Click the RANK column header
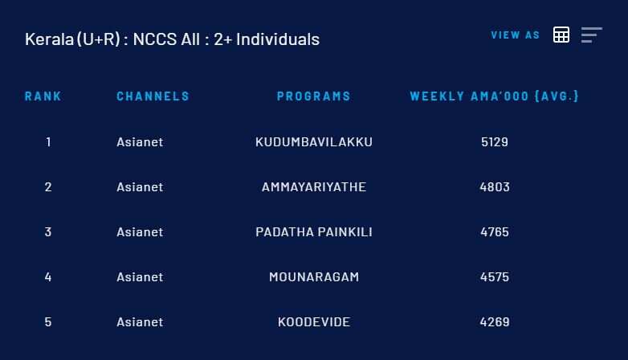(43, 96)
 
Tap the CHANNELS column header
(153, 96)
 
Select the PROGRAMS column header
(314, 96)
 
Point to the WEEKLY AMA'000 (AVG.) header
(494, 96)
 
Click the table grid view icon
(561, 35)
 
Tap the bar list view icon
(592, 35)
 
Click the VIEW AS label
(515, 35)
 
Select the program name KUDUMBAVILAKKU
(314, 142)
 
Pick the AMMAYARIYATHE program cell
(314, 186)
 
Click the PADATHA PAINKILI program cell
(314, 231)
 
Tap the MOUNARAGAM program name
(314, 277)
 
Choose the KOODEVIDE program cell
(314, 322)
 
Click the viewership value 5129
(495, 142)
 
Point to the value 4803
(495, 186)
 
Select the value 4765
(495, 231)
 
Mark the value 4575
(495, 277)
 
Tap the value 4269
(495, 322)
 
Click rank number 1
(48, 142)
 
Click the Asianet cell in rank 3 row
(140, 231)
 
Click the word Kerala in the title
(49, 39)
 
